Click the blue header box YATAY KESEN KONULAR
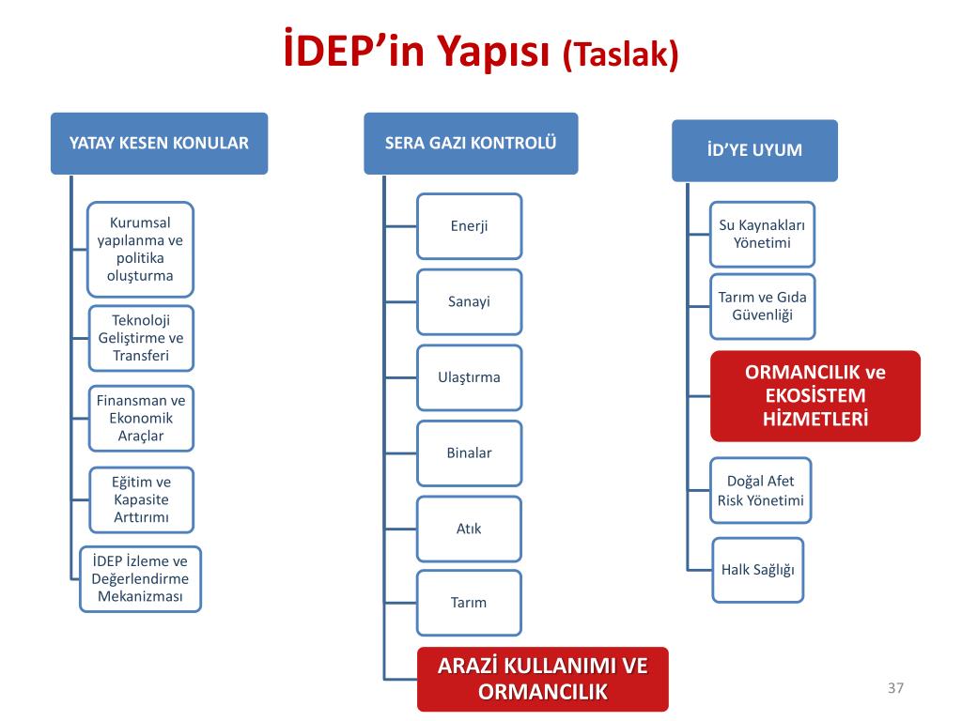coord(159,144)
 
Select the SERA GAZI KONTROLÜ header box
coord(471,144)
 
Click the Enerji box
coord(469,226)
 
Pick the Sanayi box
coord(469,301)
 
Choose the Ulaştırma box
coord(469,377)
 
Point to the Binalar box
coord(469,453)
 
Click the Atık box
coord(469,529)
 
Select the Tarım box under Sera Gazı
coord(469,603)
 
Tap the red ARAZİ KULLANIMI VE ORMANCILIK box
coord(543,679)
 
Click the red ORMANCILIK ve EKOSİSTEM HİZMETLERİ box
coord(815,395)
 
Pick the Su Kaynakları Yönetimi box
coord(762,234)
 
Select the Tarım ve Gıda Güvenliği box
coord(762,306)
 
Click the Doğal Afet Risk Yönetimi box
coord(761,490)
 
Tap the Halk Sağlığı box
coord(758,570)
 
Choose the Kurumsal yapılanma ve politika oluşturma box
coord(140,249)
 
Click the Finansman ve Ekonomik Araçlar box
coord(141,418)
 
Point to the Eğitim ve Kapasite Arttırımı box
coord(141,499)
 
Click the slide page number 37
coord(894,689)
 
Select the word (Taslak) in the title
coord(620,54)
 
